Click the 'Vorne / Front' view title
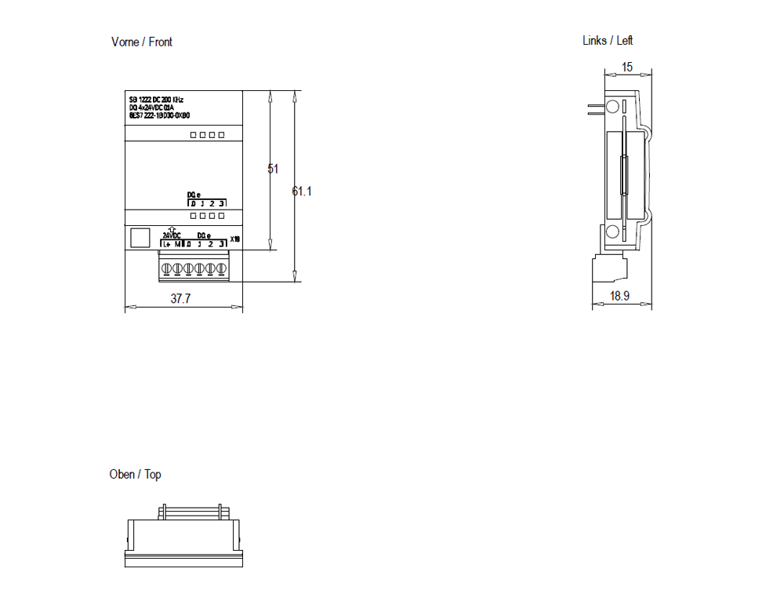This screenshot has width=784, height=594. coord(142,42)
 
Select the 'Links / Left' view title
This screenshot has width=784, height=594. coord(608,40)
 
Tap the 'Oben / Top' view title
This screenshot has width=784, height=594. coord(136,474)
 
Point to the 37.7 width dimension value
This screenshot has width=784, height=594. coord(181,299)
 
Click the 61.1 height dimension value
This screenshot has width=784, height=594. coord(303,191)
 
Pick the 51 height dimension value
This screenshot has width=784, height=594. coord(274,169)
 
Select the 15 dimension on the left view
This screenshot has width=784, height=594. coord(627,67)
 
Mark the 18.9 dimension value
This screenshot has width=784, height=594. coord(620,296)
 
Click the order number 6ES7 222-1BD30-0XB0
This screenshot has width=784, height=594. coord(159,115)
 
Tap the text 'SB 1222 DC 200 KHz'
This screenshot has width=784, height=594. coord(156,100)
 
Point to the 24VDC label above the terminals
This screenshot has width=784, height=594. coord(172,235)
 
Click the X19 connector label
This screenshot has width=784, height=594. coord(235,239)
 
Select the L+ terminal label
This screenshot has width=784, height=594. coord(167,245)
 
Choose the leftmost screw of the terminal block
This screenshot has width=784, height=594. coord(167,269)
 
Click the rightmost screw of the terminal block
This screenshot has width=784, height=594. coord(222,269)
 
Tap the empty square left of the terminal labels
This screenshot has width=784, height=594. coord(139,239)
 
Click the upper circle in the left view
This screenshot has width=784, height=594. coord(613,107)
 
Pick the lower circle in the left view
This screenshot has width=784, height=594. coord(613,231)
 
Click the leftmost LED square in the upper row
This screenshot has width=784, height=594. coord(194,135)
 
